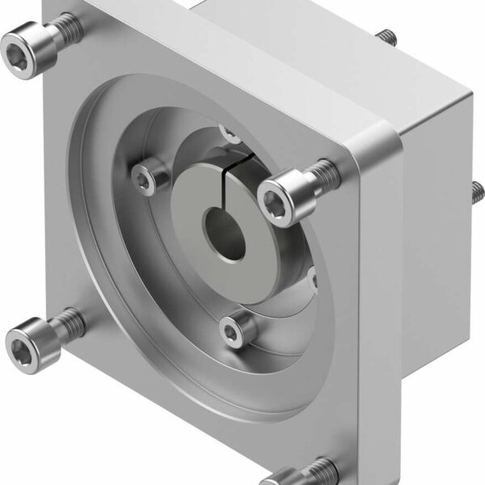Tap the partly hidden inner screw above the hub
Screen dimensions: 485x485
point(229,129)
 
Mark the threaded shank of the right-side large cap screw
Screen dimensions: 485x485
point(323,172)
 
